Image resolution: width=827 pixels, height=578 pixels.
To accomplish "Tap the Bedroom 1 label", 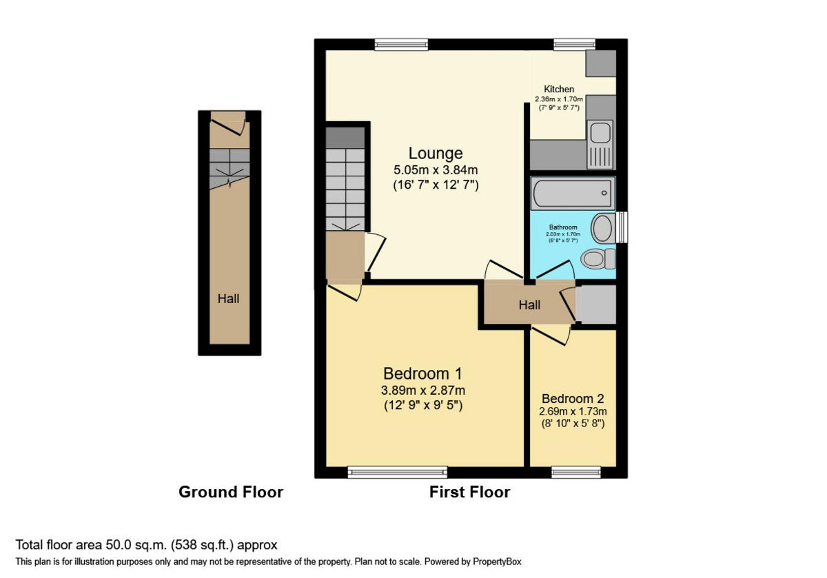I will pyautogui.click(x=422, y=373).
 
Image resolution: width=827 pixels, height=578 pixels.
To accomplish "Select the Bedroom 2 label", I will pyautogui.click(x=573, y=399).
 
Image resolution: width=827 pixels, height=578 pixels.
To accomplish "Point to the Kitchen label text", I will pyautogui.click(x=559, y=90).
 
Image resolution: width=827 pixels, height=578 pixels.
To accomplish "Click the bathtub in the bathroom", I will pyautogui.click(x=573, y=194).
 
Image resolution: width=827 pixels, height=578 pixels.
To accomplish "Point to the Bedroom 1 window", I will pyautogui.click(x=397, y=472).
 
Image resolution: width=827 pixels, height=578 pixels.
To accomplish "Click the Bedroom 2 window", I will pyautogui.click(x=575, y=472).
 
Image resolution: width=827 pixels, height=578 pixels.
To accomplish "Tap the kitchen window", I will pyautogui.click(x=575, y=45).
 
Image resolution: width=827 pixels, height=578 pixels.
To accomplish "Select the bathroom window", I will pyautogui.click(x=622, y=227).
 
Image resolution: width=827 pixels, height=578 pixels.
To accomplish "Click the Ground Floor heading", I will pyautogui.click(x=231, y=492).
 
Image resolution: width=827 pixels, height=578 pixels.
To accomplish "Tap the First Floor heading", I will pyautogui.click(x=469, y=492).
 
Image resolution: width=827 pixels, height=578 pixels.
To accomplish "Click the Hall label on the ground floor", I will pyautogui.click(x=229, y=299).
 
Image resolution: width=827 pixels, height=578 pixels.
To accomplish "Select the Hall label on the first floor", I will pyautogui.click(x=529, y=305).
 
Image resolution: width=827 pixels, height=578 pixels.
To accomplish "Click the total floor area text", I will pyautogui.click(x=146, y=545).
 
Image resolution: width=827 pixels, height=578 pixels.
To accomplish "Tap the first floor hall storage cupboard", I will pyautogui.click(x=595, y=305).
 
